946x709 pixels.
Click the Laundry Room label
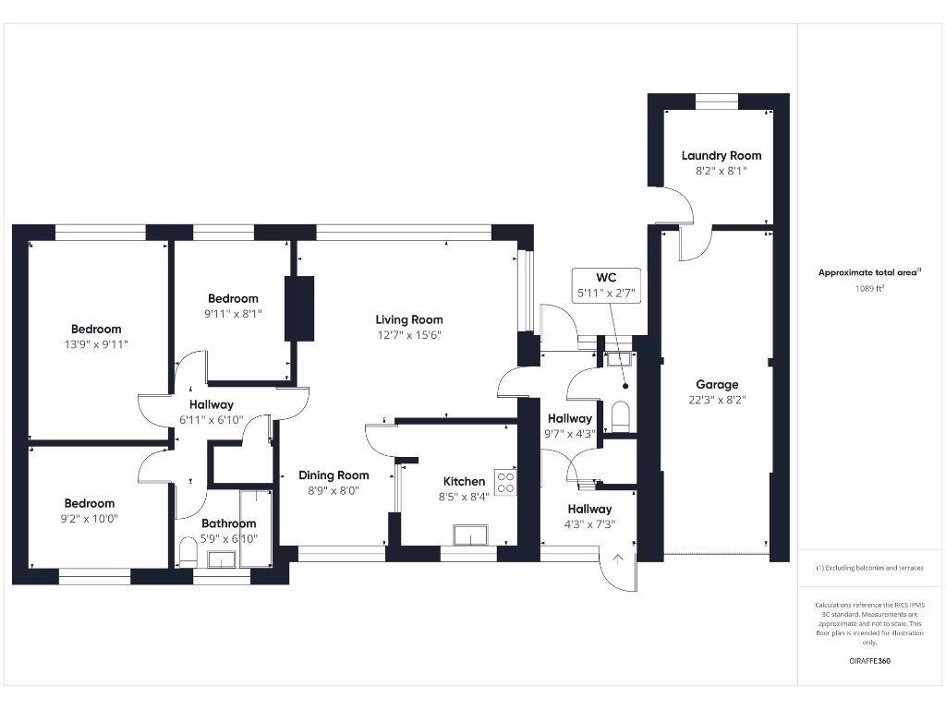721,155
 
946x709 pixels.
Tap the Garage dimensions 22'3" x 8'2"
717,400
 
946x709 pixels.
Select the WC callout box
606,286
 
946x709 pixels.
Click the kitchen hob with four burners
505,482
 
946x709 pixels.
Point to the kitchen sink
470,535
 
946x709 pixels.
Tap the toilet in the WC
620,416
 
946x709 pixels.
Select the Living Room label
409,319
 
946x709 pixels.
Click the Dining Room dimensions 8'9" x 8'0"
334,491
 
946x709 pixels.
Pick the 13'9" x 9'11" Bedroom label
96,330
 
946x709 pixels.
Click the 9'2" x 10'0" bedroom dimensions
90,519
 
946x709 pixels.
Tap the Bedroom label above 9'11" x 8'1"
233,298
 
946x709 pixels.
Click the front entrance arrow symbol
618,559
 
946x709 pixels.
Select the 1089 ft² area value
869,288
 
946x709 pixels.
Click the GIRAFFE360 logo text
869,661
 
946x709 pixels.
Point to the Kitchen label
464,482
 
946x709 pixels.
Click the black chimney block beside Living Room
299,308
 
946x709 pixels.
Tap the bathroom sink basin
222,559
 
